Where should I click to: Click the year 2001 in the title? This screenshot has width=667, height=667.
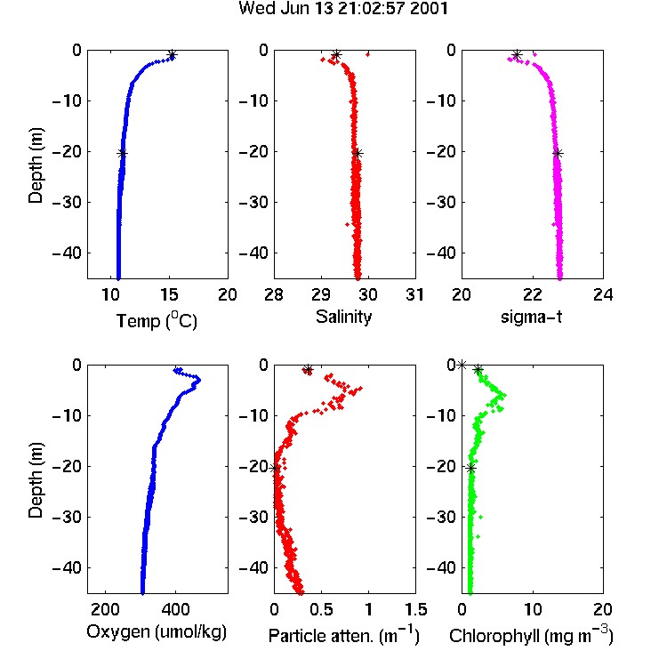429,9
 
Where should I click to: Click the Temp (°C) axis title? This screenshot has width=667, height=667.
157,320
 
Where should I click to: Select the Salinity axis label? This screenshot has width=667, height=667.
343,317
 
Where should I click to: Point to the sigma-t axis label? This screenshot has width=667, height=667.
531,317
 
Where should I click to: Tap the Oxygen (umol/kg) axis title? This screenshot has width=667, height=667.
157,631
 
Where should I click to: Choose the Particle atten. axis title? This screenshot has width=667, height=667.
344,635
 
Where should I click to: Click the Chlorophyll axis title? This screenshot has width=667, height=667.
531,635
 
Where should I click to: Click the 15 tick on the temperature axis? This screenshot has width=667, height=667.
169,294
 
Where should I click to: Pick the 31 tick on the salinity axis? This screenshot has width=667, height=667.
414,294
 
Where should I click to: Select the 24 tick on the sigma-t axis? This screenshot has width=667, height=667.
603,294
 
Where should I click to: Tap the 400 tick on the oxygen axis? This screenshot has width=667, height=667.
175,609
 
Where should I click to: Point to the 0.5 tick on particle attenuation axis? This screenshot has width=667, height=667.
321,609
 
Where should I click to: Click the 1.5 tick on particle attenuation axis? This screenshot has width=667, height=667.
415,609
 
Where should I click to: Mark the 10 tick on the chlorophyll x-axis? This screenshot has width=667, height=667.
533,609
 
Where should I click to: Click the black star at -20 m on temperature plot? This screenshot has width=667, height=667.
122,154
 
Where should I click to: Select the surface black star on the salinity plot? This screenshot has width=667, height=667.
336,55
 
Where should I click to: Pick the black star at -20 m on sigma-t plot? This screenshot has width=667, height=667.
558,154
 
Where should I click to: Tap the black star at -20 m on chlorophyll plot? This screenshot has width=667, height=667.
470,469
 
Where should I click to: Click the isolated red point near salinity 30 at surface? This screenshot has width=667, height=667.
367,54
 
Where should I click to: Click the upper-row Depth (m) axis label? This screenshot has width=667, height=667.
36,165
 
